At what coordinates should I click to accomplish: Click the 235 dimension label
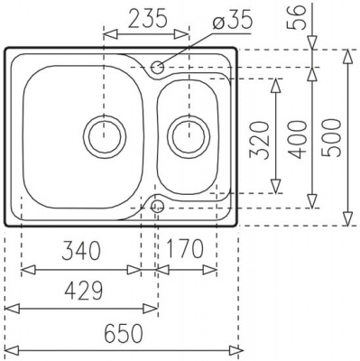[148, 18]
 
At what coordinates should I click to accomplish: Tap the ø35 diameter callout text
[232, 21]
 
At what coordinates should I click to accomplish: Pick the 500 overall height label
[332, 138]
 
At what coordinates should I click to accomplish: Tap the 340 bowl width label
[80, 251]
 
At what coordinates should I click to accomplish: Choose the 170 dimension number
[184, 249]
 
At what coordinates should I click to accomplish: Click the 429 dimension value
[84, 290]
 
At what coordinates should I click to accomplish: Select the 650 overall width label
[124, 333]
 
